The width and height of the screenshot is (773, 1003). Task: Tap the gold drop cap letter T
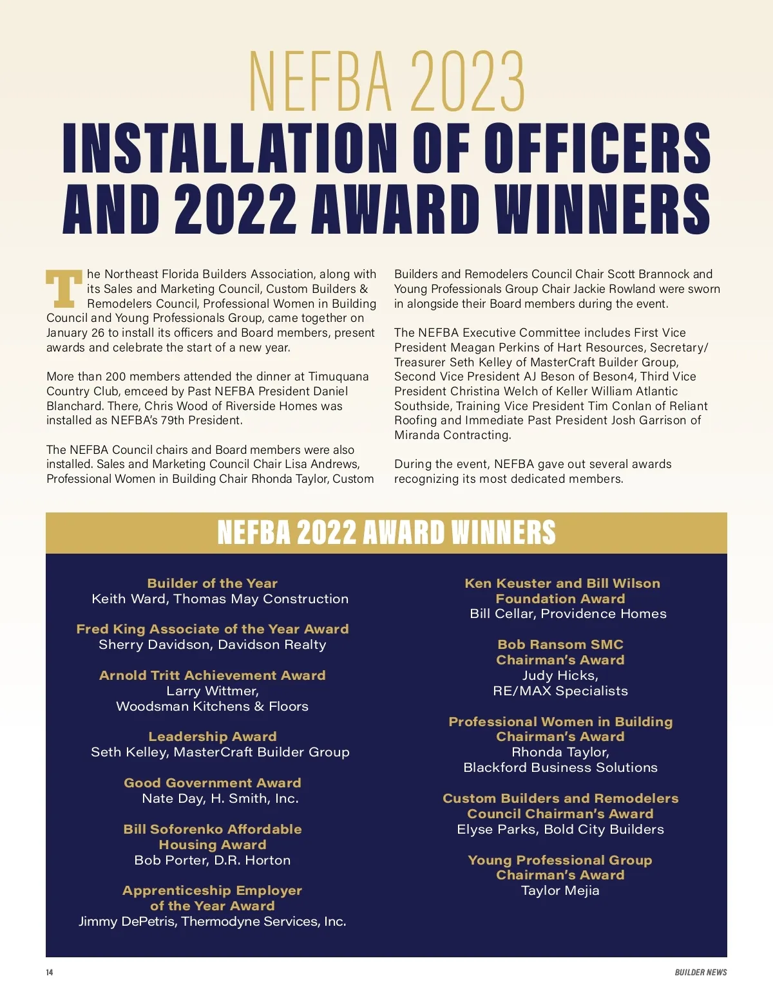pyautogui.click(x=64, y=288)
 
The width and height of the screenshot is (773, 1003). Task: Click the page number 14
pyautogui.click(x=50, y=972)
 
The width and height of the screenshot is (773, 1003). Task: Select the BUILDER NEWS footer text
pyautogui.click(x=700, y=972)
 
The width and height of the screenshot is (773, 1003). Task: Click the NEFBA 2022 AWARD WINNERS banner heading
pyautogui.click(x=386, y=532)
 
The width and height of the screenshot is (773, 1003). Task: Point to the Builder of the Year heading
pyautogui.click(x=213, y=583)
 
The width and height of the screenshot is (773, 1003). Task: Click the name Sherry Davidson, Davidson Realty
pyautogui.click(x=213, y=644)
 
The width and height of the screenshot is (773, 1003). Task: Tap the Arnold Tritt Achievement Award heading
pyautogui.click(x=213, y=675)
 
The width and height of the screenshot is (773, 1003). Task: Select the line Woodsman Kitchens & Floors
pyautogui.click(x=213, y=706)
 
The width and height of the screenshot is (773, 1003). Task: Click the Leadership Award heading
pyautogui.click(x=213, y=736)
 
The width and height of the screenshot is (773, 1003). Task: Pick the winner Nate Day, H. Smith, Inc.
pyautogui.click(x=220, y=798)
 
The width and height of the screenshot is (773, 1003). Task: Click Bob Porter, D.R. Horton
pyautogui.click(x=213, y=860)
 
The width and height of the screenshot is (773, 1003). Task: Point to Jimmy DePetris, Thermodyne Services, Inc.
pyautogui.click(x=213, y=921)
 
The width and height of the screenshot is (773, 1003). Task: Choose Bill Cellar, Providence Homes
pyautogui.click(x=568, y=614)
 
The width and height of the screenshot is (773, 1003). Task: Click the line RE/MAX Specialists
pyautogui.click(x=560, y=691)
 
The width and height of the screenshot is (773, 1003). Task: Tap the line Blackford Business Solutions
pyautogui.click(x=560, y=767)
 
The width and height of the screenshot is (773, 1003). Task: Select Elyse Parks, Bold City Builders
pyautogui.click(x=560, y=829)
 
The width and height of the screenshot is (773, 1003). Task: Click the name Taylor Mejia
pyautogui.click(x=560, y=890)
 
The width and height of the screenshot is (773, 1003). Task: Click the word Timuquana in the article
pyautogui.click(x=338, y=377)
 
